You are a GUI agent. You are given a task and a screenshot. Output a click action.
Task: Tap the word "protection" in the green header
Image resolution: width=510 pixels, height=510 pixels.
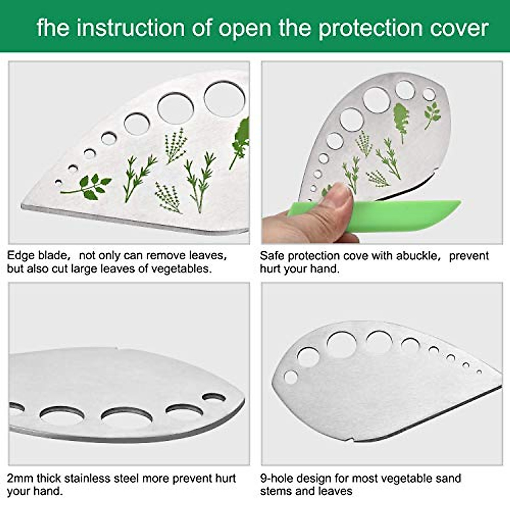pyautogui.click(x=370, y=28)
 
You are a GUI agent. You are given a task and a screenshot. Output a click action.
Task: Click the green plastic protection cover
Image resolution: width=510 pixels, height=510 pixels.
pyautogui.click(x=408, y=216)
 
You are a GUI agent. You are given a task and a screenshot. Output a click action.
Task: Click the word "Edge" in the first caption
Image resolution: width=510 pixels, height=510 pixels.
pyautogui.click(x=21, y=255)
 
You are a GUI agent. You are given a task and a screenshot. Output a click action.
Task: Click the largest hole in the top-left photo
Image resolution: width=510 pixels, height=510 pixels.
pyautogui.click(x=224, y=99)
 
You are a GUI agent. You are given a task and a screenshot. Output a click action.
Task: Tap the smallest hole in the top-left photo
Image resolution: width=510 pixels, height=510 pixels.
pyautogui.click(x=59, y=183)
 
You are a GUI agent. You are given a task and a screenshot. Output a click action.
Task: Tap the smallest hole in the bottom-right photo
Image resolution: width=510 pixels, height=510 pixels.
pyautogui.click(x=479, y=371)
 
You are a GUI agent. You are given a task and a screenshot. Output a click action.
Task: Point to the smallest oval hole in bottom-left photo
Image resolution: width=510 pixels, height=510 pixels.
pyautogui.click(x=214, y=398)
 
